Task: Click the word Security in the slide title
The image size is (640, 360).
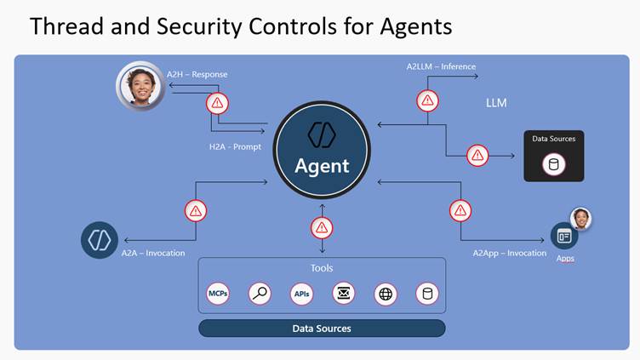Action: click(x=199, y=26)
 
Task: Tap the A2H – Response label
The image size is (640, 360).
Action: click(x=197, y=74)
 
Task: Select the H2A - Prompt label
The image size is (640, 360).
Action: click(x=235, y=146)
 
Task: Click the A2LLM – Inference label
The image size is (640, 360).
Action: click(x=441, y=66)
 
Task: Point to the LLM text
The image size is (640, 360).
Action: click(x=496, y=103)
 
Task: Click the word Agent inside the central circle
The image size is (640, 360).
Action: click(x=322, y=166)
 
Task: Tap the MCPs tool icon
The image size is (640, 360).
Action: click(x=218, y=294)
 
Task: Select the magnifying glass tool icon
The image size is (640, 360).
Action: click(x=260, y=294)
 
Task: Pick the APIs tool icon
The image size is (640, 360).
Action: click(x=301, y=294)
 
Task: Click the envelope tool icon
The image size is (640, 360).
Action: click(x=344, y=293)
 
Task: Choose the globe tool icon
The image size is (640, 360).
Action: click(x=386, y=294)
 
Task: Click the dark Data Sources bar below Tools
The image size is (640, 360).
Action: click(x=322, y=329)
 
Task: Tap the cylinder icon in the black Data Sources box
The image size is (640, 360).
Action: click(x=554, y=164)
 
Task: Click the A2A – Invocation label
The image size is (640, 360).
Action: click(x=153, y=253)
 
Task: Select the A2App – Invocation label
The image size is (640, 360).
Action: click(x=510, y=253)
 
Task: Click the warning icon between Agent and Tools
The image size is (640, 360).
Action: click(x=322, y=228)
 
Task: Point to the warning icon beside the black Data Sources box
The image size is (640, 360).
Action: click(x=477, y=156)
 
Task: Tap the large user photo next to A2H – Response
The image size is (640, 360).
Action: click(x=140, y=87)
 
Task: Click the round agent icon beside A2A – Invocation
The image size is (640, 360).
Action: click(x=100, y=240)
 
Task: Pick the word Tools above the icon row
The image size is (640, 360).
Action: click(x=322, y=268)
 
